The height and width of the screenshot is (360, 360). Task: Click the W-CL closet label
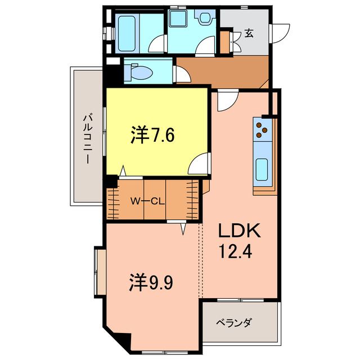pyautogui.click(x=147, y=201)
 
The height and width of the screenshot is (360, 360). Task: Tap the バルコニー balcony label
pyautogui.click(x=88, y=138)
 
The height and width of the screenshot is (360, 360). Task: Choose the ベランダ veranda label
pyautogui.click(x=234, y=323)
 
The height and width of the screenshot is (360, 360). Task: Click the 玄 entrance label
pyautogui.click(x=249, y=34)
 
